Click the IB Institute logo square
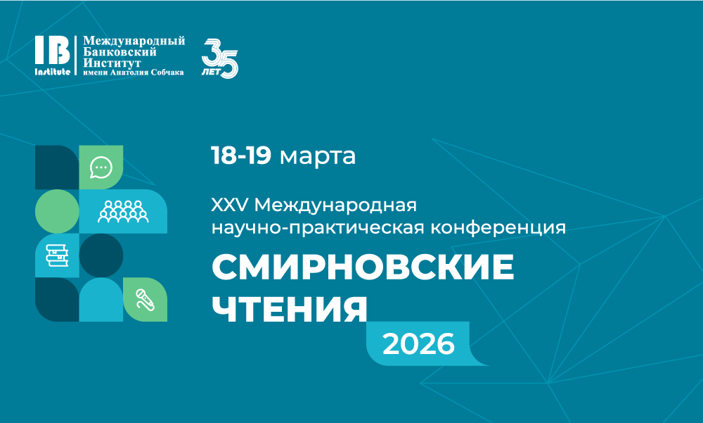coord(53,56)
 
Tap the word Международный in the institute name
coord(134,42)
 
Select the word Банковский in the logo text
coord(120,52)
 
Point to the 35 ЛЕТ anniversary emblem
coord(220,57)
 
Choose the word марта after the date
coord(318,156)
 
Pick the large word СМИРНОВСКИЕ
coord(363,268)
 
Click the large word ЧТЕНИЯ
coord(290,308)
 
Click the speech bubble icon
coord(101,168)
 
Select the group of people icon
coord(123,211)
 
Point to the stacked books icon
coord(57,255)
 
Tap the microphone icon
coord(145,299)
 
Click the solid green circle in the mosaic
coord(57,211)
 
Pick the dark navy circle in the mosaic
coord(101,255)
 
